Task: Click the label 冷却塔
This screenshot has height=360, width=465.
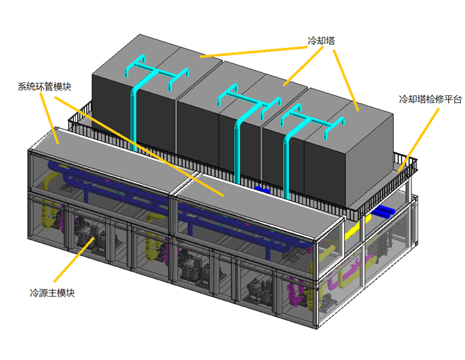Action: click(x=321, y=40)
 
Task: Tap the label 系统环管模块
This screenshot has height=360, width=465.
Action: click(x=44, y=87)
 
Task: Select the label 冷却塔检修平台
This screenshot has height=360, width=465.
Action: click(x=430, y=99)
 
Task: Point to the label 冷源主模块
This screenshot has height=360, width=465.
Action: click(x=52, y=293)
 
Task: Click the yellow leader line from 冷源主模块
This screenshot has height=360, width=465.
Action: click(x=74, y=259)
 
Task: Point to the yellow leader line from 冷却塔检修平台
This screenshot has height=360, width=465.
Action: click(x=418, y=140)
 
